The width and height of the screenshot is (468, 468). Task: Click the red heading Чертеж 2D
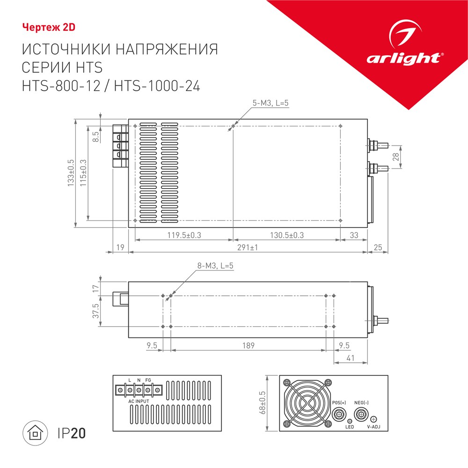(x=49, y=28)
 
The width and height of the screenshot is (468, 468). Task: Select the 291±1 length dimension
(x=248, y=248)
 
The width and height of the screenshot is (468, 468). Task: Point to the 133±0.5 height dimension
(x=71, y=173)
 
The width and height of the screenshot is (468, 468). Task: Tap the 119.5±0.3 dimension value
(x=184, y=235)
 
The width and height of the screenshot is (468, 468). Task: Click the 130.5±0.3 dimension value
(x=287, y=235)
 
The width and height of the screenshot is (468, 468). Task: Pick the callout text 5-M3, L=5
(x=271, y=103)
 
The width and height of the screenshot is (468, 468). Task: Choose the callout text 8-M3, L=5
(x=215, y=266)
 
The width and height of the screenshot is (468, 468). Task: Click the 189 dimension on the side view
(x=249, y=345)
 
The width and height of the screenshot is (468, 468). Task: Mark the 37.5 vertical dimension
(x=95, y=311)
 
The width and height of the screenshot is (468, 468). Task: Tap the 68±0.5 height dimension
(x=263, y=402)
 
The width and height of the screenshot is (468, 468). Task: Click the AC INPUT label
(x=139, y=402)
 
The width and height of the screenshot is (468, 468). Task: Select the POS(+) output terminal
(x=339, y=414)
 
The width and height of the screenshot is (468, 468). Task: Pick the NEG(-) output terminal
(x=361, y=414)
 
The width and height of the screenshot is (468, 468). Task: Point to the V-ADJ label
(x=373, y=427)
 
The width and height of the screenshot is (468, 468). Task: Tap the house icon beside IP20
(x=35, y=433)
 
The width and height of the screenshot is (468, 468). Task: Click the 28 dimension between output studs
(x=396, y=157)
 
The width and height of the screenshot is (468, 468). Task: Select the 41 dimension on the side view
(x=351, y=358)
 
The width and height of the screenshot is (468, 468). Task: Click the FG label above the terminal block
(x=148, y=380)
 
